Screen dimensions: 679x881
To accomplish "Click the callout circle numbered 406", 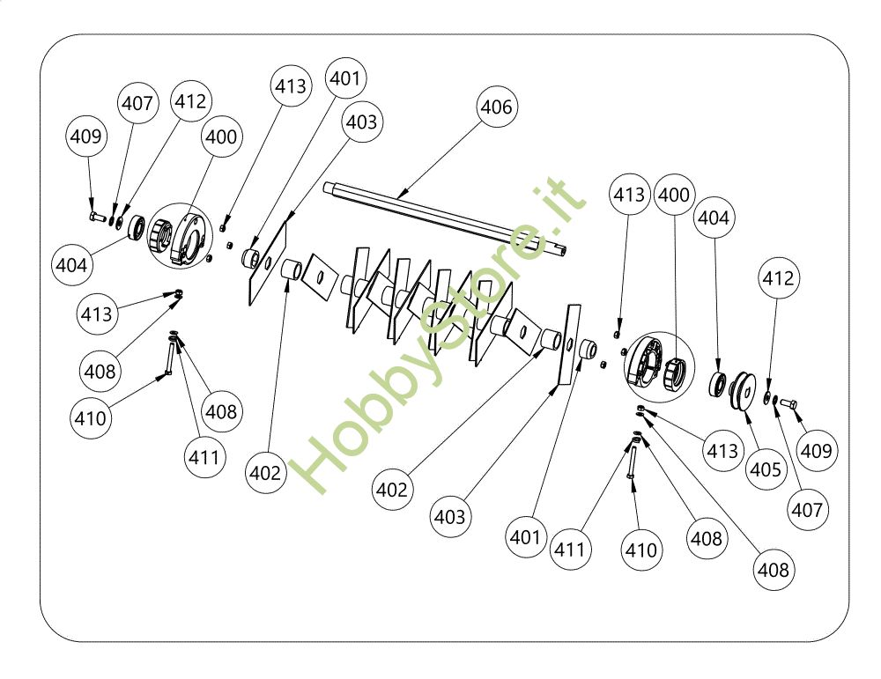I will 497,107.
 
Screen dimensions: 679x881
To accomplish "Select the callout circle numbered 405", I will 765,469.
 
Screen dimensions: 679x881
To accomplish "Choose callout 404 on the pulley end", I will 714,218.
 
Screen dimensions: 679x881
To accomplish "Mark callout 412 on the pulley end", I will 779,279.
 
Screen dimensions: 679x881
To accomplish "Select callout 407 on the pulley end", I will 806,508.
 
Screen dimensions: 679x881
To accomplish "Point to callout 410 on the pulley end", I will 640,550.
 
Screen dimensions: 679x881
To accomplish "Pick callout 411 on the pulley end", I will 571,550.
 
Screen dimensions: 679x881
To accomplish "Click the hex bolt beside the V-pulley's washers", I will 788,403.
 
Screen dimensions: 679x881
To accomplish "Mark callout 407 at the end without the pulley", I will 137,104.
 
